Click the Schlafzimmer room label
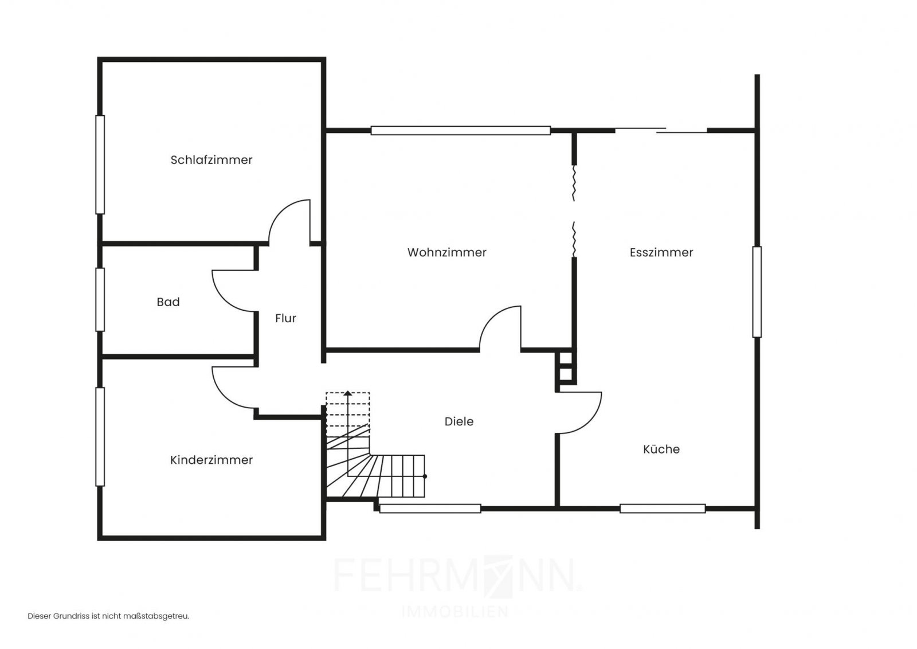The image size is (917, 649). (211, 160)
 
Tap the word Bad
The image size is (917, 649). (168, 302)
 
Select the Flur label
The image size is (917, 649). (285, 318)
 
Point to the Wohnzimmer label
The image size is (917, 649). (446, 252)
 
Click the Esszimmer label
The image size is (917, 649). (661, 252)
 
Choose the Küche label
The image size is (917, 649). (661, 449)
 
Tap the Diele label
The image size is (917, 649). (459, 421)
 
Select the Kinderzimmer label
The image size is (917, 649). (211, 460)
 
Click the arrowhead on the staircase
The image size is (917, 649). (347, 393)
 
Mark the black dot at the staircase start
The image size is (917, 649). (425, 476)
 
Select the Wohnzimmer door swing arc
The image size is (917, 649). (492, 318)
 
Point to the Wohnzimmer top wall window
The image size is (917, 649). (461, 131)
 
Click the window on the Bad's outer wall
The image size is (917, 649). (100, 299)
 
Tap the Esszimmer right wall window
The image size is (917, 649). (757, 292)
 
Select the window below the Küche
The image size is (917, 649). (663, 509)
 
